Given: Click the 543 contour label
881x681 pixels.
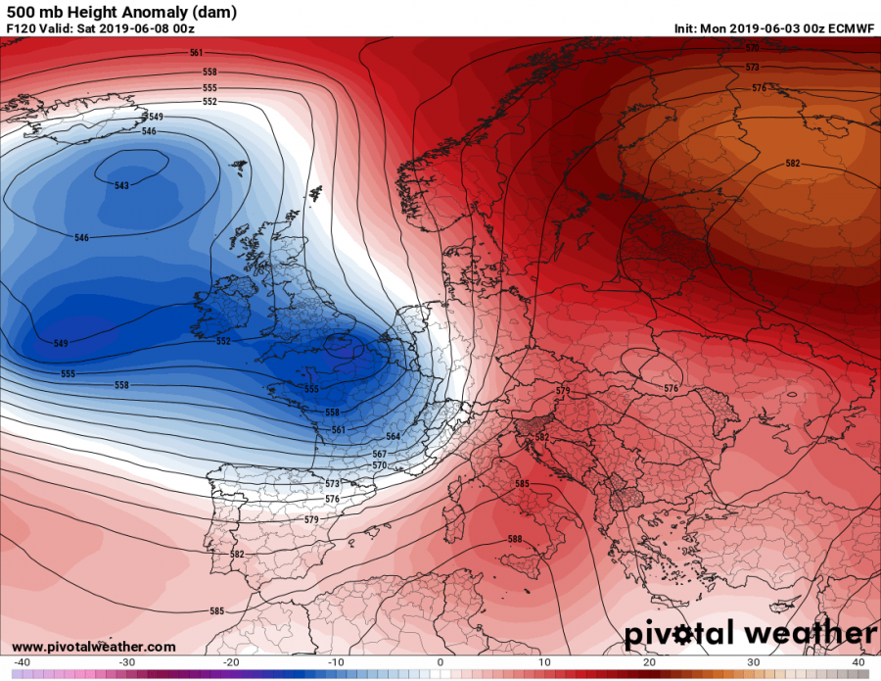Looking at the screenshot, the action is click(x=121, y=185).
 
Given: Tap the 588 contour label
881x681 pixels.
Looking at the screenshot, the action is click(x=515, y=539).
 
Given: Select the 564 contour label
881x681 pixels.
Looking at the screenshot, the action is click(x=394, y=436).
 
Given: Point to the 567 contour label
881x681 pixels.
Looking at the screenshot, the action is click(x=379, y=454).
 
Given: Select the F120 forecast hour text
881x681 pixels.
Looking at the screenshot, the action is click(x=21, y=28).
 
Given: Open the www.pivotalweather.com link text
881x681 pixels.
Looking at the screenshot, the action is click(x=93, y=648).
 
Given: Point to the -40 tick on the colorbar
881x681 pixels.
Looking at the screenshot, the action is click(x=22, y=662).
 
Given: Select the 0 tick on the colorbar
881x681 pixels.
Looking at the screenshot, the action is click(x=440, y=662).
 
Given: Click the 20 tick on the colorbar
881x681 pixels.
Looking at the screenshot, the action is click(x=649, y=662).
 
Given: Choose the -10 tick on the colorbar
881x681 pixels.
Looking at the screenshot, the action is click(x=336, y=662).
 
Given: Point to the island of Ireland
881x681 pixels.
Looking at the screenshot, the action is click(x=222, y=309).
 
